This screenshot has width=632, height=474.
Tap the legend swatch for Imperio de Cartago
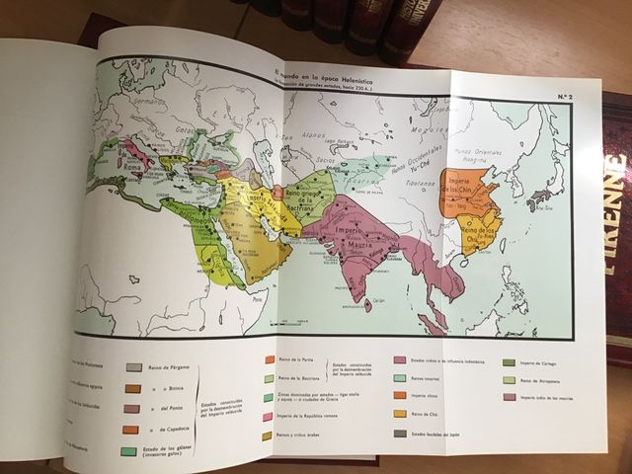point(509,362)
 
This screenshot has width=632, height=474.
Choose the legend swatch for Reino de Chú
point(401,413)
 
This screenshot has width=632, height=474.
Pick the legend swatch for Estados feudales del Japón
point(401,433)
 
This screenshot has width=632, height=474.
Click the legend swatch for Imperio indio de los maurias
point(509,397)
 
